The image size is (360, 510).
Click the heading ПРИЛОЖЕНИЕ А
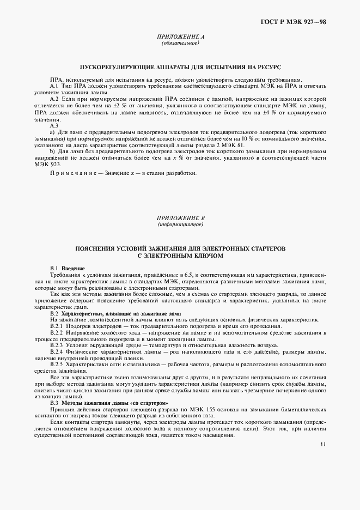coord(180,37)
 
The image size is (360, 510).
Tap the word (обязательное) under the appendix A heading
coord(180,42)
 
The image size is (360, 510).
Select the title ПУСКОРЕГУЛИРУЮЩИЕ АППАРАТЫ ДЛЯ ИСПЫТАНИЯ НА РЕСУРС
coord(180,66)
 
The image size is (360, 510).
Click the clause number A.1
coord(54,86)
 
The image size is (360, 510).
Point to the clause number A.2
coord(54,99)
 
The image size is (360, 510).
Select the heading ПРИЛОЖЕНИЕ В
coord(180,218)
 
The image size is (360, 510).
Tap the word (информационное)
coord(180,224)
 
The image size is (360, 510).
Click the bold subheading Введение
coord(73,269)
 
